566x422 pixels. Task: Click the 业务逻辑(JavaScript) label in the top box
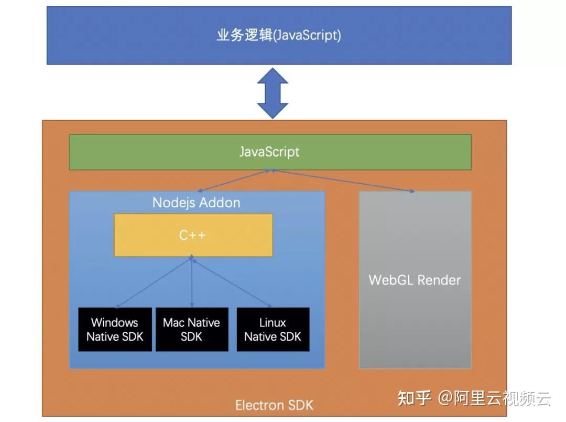pyautogui.click(x=279, y=35)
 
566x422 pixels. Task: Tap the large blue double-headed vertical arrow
pyautogui.click(x=273, y=93)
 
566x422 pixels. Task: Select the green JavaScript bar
pyautogui.click(x=270, y=152)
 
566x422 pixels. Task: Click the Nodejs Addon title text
pyautogui.click(x=196, y=203)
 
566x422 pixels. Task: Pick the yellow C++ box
pyautogui.click(x=193, y=235)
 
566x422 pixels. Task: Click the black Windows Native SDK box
pyautogui.click(x=115, y=329)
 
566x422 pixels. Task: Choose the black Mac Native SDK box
pyautogui.click(x=191, y=329)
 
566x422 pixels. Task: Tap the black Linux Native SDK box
pyautogui.click(x=273, y=329)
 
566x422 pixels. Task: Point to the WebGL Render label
pyautogui.click(x=415, y=280)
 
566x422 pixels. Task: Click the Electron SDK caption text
pyautogui.click(x=274, y=405)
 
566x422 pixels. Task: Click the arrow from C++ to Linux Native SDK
pyautogui.click(x=232, y=282)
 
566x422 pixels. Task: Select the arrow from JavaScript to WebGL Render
pyautogui.click(x=343, y=181)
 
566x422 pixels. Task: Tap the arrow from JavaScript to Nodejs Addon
pyautogui.click(x=233, y=181)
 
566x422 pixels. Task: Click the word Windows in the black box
pyautogui.click(x=115, y=322)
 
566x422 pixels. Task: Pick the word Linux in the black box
pyautogui.click(x=273, y=322)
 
